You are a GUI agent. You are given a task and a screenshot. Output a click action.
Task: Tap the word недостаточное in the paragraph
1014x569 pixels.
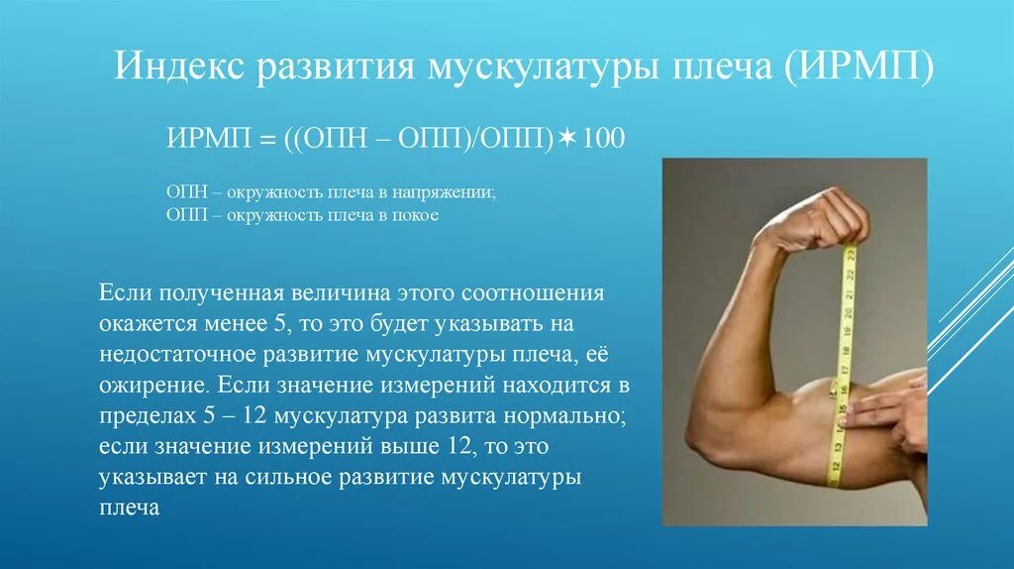[x=169, y=355]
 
